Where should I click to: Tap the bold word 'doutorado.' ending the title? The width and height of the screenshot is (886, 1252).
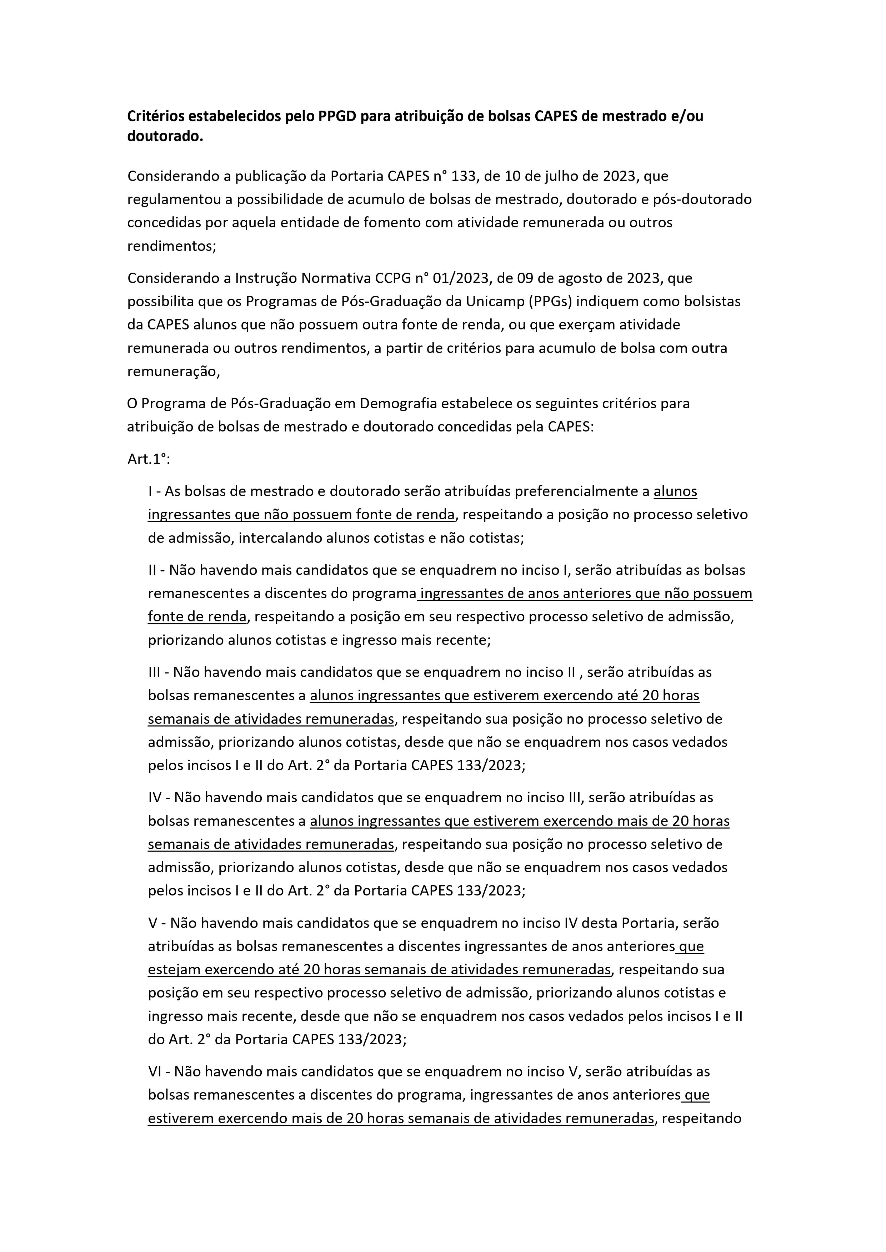[x=165, y=137]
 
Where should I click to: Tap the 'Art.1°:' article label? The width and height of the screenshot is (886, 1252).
[x=149, y=459]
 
